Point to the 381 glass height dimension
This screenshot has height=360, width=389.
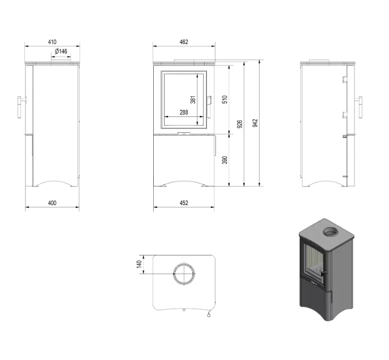click(x=193, y=99)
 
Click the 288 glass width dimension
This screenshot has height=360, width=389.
click(x=183, y=112)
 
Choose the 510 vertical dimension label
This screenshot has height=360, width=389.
click(x=224, y=99)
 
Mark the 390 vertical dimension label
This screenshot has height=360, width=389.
click(x=224, y=160)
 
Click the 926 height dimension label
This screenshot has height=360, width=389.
click(x=240, y=124)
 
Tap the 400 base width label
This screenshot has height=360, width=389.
click(x=53, y=202)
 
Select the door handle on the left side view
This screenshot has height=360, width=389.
click(x=21, y=106)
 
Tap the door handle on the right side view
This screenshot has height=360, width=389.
click(x=359, y=106)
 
